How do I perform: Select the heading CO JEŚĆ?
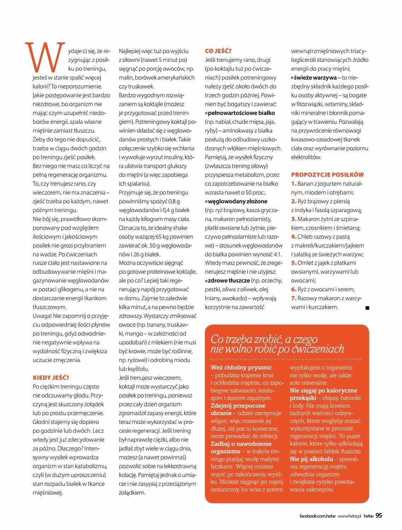[218, 51]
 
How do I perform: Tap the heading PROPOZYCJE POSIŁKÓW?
[327, 175]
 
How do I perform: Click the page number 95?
[379, 516]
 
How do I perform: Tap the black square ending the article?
[367, 308]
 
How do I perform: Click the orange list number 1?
[294, 184]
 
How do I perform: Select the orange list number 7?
[294, 298]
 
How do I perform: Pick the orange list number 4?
[294, 237]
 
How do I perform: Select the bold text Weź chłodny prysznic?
[241, 367]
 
